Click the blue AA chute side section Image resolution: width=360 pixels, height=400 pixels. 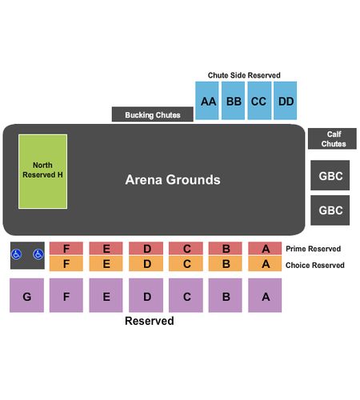pos(207,101)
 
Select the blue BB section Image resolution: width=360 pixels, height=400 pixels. pos(233,101)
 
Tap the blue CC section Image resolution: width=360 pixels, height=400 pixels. pos(259,101)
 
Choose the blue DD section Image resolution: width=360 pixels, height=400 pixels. pos(286,101)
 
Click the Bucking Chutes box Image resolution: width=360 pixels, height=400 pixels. pos(153,114)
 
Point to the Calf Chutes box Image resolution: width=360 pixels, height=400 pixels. pos(332,138)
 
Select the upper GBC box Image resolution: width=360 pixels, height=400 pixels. pos(330,175)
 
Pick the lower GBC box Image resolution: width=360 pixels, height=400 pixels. pos(330,210)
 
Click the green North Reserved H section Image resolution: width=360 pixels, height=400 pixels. pos(42,171)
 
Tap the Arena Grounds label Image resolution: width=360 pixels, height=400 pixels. pos(173,179)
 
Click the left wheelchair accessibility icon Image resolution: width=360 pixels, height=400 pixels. pos(16,254)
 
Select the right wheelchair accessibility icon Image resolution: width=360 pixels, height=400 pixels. pos(38,254)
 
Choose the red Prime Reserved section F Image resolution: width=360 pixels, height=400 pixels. pos(66,248)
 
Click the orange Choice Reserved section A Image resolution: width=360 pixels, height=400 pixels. pos(265,263)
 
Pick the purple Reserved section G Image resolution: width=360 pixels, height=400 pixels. pos(26,295)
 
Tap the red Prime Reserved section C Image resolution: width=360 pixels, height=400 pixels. pos(186,248)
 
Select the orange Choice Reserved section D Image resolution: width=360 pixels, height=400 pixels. pos(146,263)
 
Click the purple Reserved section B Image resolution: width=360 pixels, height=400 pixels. pos(225,295)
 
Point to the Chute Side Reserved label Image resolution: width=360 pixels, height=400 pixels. pos(244,75)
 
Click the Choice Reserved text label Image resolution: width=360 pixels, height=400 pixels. pos(315,265)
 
